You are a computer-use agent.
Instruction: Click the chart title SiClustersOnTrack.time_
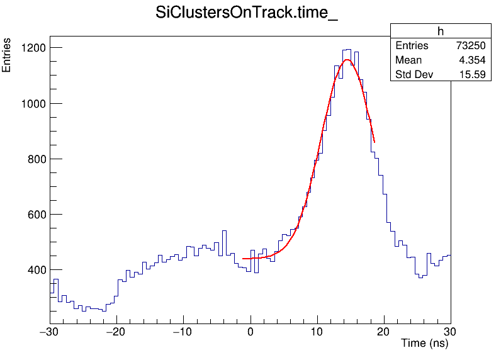tap(247, 14)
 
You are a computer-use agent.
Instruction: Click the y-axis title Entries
tap(7, 55)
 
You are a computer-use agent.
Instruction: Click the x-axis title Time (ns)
tap(424, 344)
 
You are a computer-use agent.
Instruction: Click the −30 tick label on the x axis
tap(50, 332)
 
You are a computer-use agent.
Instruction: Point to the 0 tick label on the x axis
tap(250, 332)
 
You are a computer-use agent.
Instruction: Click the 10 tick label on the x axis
tap(317, 332)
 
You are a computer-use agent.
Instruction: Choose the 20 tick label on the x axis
tap(384, 332)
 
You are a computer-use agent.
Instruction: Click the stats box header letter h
tap(441, 31)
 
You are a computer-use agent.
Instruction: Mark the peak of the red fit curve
tap(347, 60)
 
